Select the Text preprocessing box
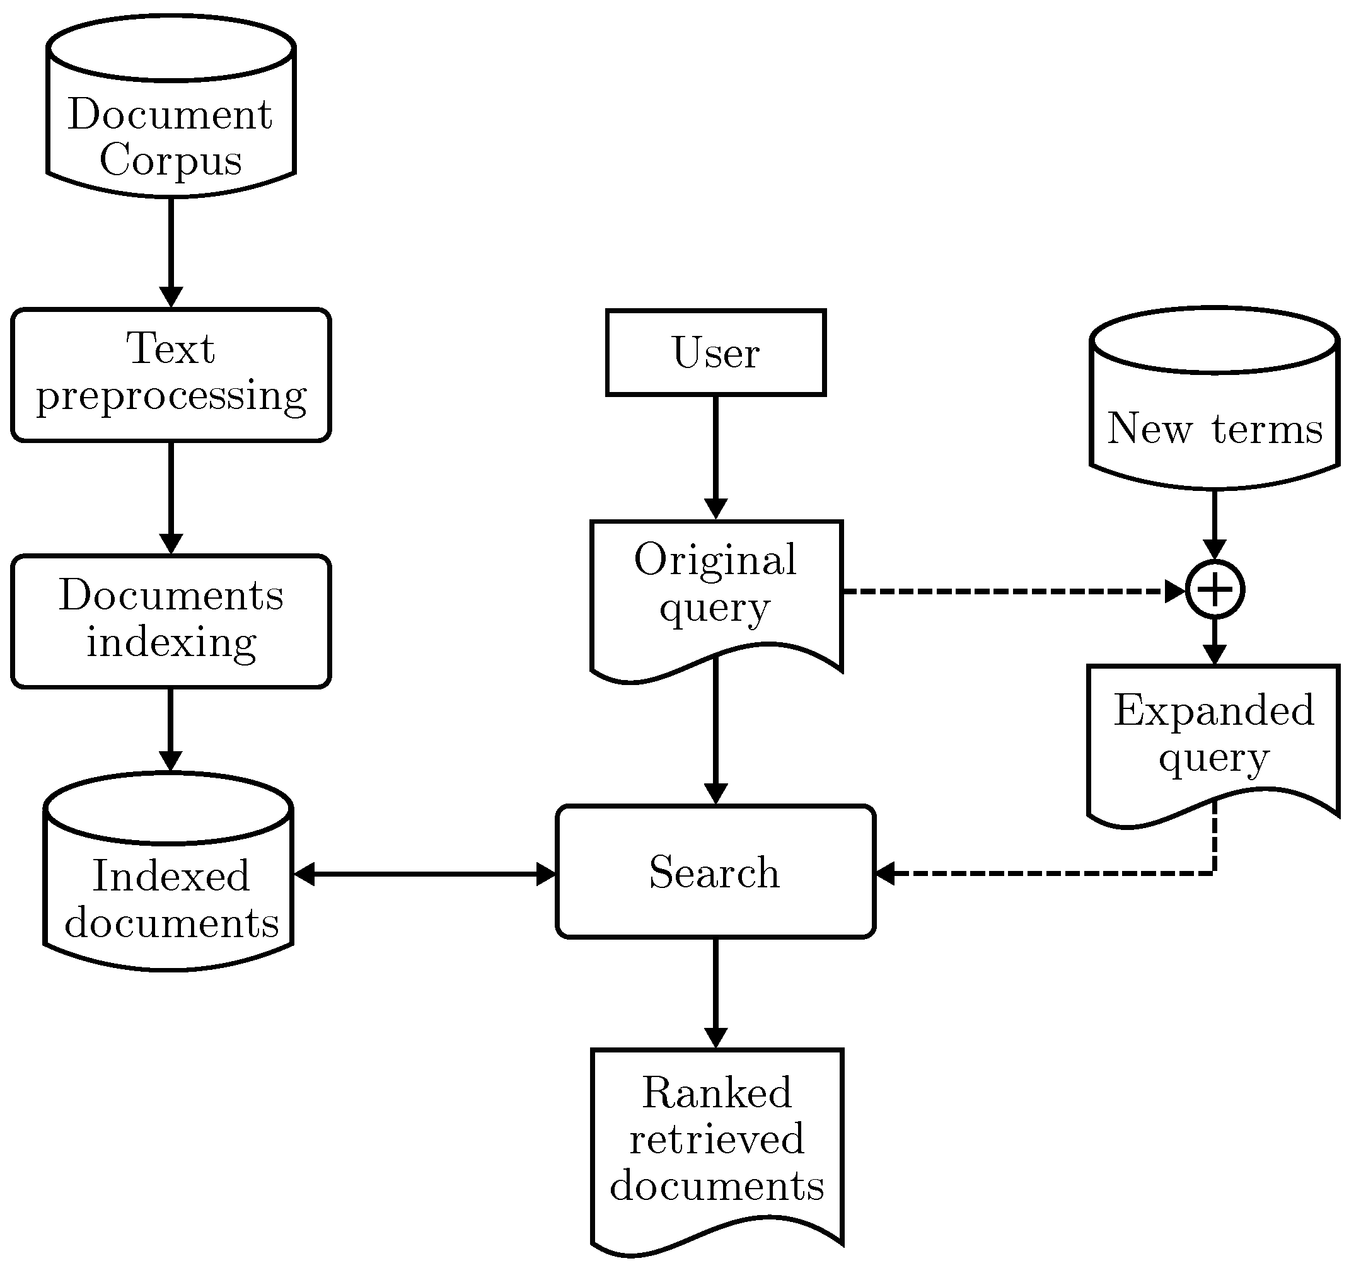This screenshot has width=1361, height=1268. (x=171, y=375)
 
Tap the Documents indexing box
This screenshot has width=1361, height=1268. (x=171, y=621)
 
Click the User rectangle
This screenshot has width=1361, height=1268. (x=715, y=352)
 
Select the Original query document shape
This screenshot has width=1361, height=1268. (x=715, y=589)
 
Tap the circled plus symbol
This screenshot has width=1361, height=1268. (x=1215, y=589)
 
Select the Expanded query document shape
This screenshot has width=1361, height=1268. (x=1213, y=735)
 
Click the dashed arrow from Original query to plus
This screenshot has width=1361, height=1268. (x=1006, y=591)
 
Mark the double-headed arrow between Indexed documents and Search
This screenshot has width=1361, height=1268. (x=424, y=874)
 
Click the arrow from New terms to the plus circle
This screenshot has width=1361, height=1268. (x=1215, y=520)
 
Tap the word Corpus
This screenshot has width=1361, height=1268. (x=171, y=161)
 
